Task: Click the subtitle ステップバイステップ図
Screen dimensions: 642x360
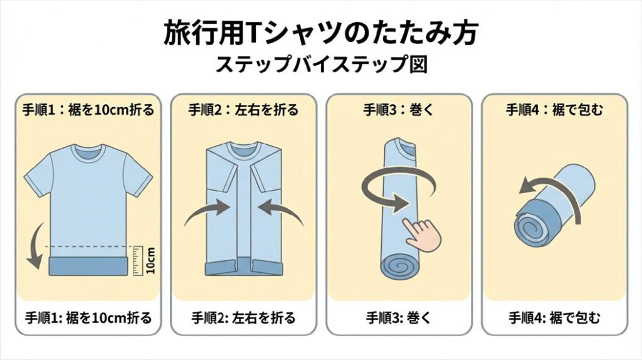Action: (x=322, y=65)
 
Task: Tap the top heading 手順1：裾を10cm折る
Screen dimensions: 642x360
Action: (x=88, y=110)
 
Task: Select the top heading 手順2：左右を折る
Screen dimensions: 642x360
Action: (x=243, y=110)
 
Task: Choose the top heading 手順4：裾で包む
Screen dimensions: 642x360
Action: (x=554, y=110)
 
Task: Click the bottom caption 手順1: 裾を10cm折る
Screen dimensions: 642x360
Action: (x=88, y=318)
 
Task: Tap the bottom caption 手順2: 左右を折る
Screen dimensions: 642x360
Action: (x=243, y=318)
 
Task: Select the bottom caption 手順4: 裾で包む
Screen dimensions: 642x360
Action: (x=554, y=318)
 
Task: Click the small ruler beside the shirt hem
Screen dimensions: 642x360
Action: (x=137, y=260)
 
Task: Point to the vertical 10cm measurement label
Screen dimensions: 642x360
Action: (x=150, y=260)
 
